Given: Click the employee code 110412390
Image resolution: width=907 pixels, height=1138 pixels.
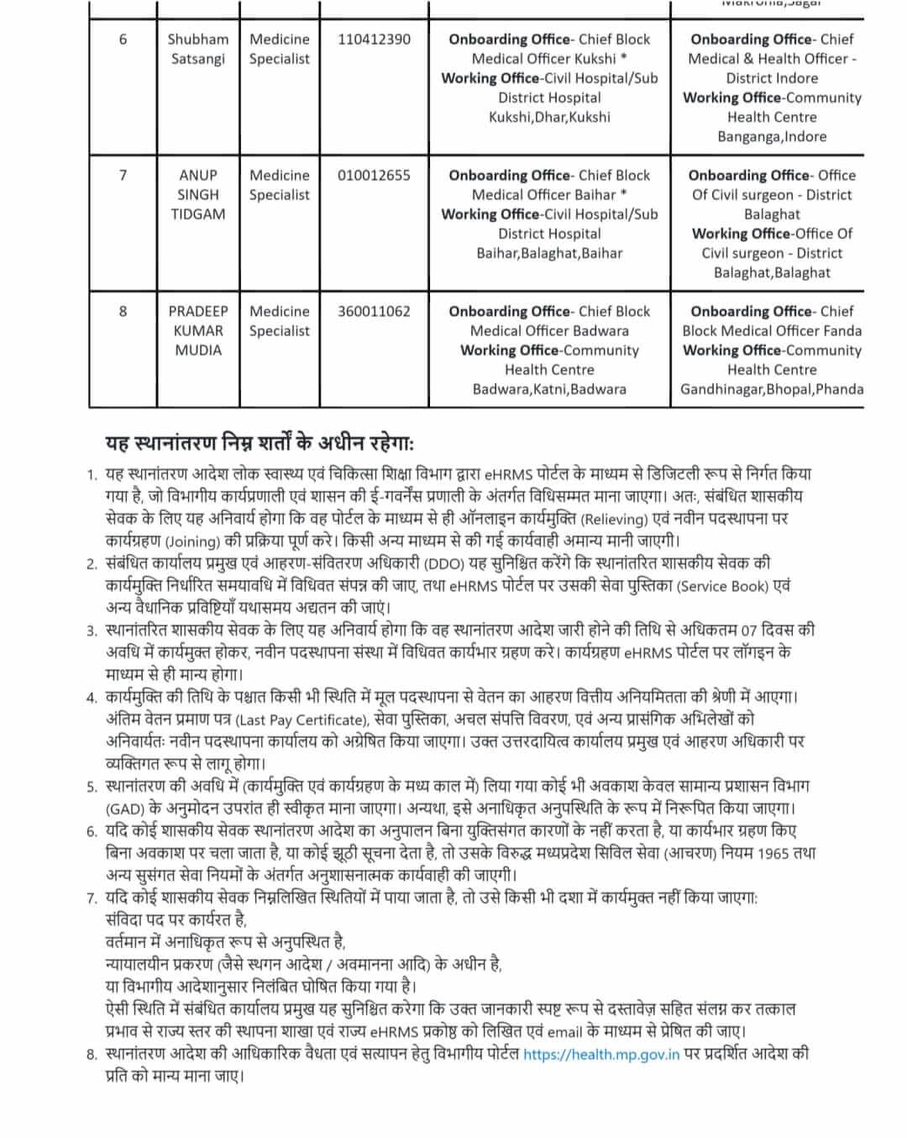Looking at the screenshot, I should (374, 40).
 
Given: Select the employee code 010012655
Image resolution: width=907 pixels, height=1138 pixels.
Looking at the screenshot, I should (374, 176).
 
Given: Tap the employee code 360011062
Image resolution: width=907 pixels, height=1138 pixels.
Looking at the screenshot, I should (374, 312).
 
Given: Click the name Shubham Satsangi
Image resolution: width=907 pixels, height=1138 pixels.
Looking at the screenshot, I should (198, 49).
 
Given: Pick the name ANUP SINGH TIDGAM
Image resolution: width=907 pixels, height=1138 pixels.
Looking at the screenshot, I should (198, 195).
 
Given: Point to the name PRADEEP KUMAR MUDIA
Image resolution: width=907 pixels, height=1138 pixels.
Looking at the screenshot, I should (198, 331).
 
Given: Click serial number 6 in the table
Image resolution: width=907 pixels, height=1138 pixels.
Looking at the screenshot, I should (123, 40).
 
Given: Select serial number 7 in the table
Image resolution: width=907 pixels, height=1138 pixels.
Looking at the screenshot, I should (123, 176).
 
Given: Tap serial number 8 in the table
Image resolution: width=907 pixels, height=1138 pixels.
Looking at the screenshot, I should (123, 312).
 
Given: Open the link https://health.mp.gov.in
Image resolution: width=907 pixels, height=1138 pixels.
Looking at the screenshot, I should (601, 1055).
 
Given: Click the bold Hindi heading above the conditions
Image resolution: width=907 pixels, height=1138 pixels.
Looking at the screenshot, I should (260, 444).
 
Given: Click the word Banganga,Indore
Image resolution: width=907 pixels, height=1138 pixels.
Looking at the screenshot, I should (772, 137).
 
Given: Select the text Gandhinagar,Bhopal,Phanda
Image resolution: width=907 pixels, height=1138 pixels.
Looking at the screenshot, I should (772, 390).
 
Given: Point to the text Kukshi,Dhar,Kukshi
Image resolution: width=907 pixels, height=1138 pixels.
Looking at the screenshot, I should (549, 118).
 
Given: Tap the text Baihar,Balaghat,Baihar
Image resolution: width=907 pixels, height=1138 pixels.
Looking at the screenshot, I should (549, 254).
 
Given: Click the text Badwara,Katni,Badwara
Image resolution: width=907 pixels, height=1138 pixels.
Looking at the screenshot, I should (549, 390).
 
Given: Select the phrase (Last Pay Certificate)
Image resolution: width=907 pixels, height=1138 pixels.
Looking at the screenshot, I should (301, 720).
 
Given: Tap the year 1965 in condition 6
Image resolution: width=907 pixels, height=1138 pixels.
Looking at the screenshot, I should (773, 853).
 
